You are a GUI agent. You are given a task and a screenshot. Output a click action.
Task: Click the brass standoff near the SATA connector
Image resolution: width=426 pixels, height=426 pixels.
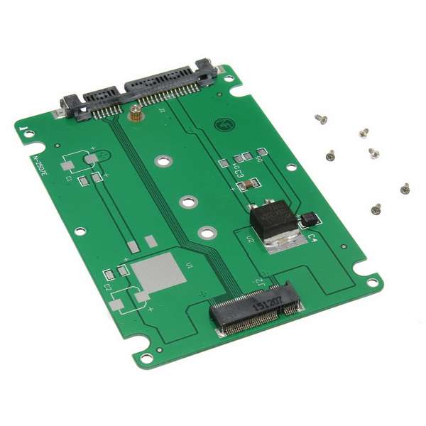tap(133, 111)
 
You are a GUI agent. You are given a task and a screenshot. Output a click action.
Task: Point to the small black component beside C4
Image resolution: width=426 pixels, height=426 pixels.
tap(307, 219)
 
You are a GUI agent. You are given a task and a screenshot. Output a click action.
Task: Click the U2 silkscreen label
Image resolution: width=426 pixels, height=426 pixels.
tap(251, 239)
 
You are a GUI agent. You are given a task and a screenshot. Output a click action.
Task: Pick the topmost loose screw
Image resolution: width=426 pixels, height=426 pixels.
tap(321, 119)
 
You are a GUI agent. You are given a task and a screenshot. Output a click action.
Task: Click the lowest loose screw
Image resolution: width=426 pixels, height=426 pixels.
tap(376, 209)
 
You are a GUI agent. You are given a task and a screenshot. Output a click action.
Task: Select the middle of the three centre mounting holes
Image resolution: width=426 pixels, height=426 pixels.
tap(186, 202)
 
